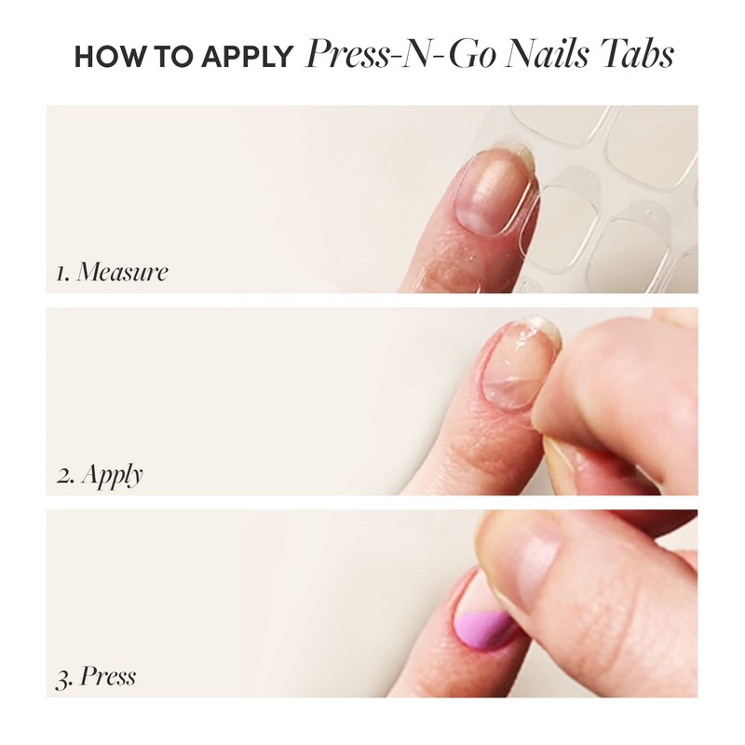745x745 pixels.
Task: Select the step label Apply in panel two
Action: click(113, 476)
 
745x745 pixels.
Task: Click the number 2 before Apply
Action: click(63, 476)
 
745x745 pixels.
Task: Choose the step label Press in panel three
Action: click(108, 675)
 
